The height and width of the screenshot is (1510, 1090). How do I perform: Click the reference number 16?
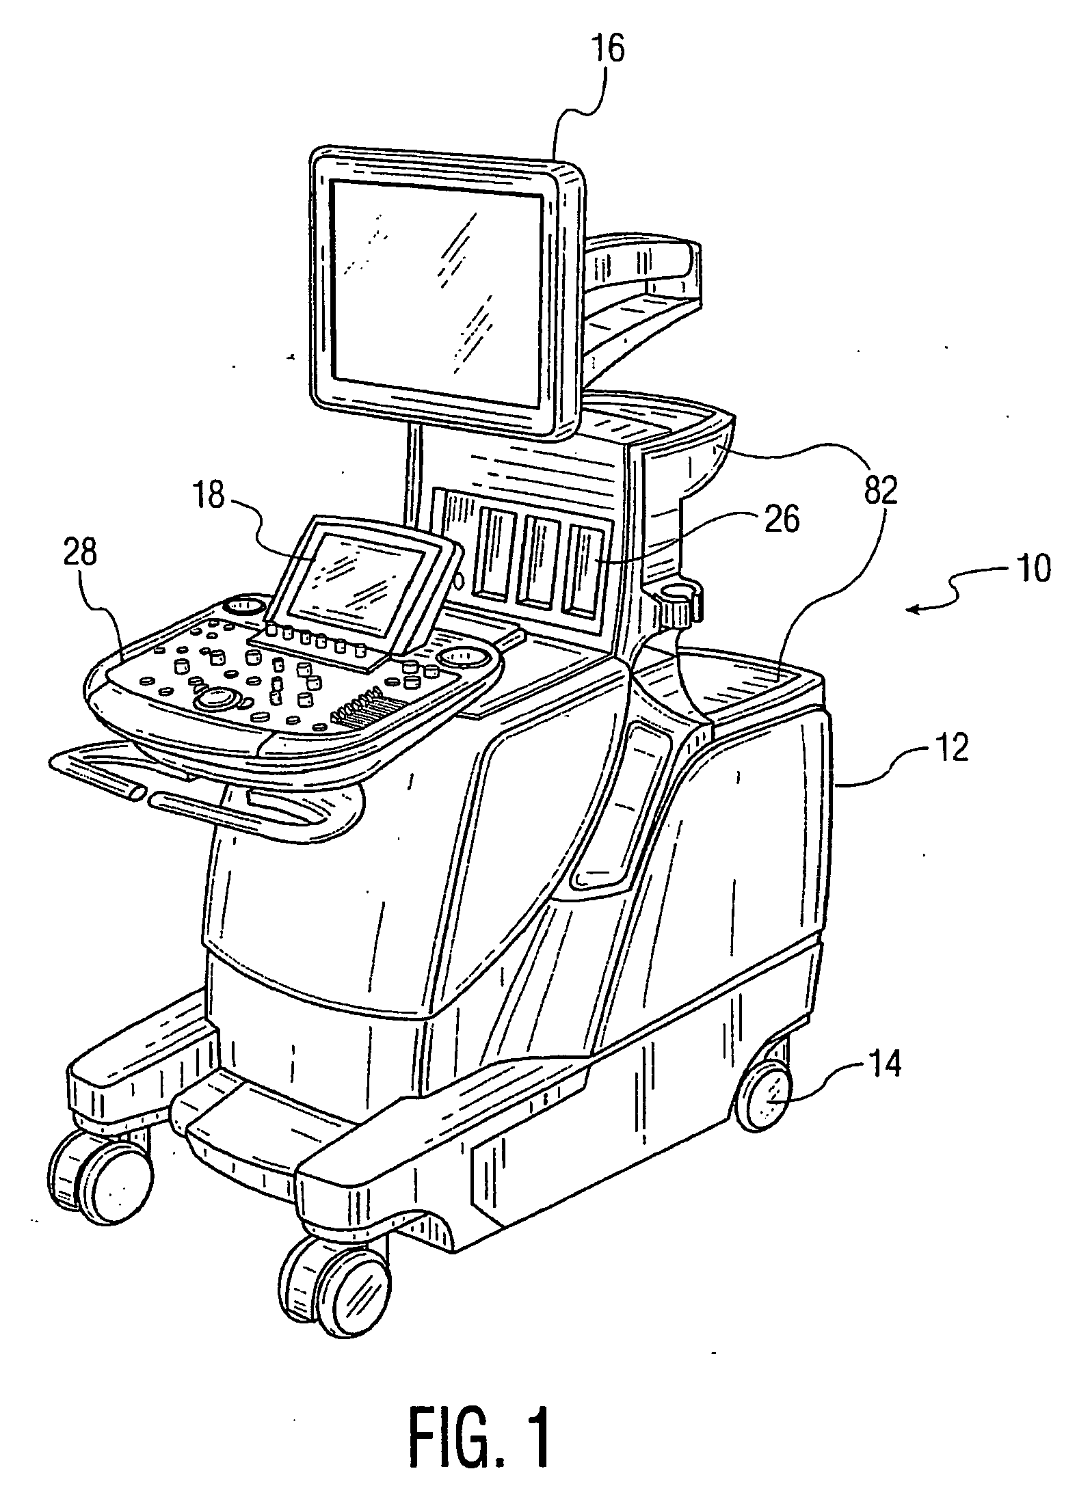coord(608,51)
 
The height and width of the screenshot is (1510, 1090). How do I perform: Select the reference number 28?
coord(80,554)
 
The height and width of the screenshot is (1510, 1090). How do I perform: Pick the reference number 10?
coord(1034,568)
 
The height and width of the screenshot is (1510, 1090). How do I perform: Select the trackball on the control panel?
coord(217,697)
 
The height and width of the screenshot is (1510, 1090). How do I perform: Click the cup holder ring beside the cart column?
coord(677,595)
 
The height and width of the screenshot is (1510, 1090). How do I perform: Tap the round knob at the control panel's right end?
coord(466,657)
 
